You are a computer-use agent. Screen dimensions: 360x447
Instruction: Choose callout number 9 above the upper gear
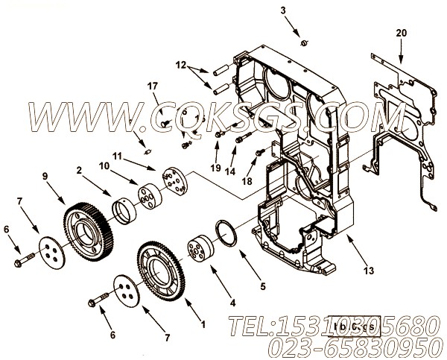coord(45,176)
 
